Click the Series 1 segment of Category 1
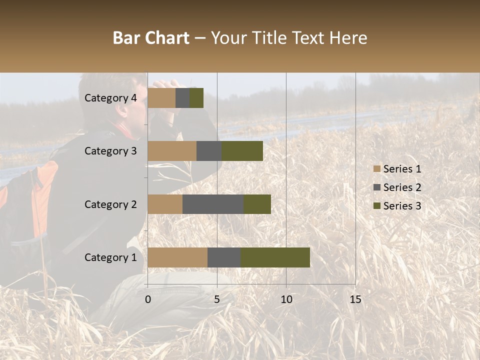coord(177,257)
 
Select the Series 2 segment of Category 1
coord(224,257)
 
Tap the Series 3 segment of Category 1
coord(275,257)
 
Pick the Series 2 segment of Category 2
coord(213,204)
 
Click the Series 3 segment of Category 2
coord(257,204)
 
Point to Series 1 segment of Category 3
coord(172,151)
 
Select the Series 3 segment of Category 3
coord(242,151)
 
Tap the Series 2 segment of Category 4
coord(182,98)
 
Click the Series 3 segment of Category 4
coord(196,98)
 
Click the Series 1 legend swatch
coord(377,169)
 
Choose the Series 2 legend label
coord(402,187)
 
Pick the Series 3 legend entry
coord(397,206)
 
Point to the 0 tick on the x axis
coord(148,299)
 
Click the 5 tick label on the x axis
coord(217,299)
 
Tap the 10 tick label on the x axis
coord(286,299)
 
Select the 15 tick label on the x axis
coord(355,299)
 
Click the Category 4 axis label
coord(110,98)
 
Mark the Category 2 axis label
coord(110,204)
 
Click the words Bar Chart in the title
coord(151,38)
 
